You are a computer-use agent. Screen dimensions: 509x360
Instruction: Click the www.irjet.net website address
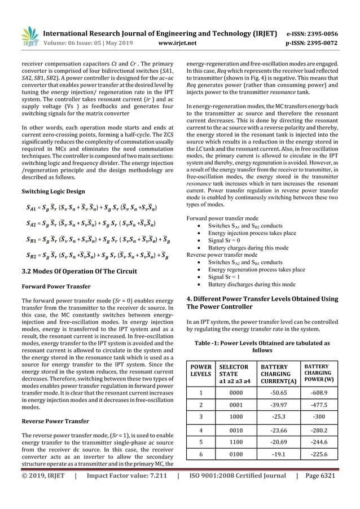tap(178, 41)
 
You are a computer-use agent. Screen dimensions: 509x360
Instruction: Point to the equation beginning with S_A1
tap(92, 208)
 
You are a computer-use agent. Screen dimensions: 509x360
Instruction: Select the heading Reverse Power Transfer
tap(55, 421)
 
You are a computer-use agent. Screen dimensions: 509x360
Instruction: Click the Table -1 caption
tap(262, 346)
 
